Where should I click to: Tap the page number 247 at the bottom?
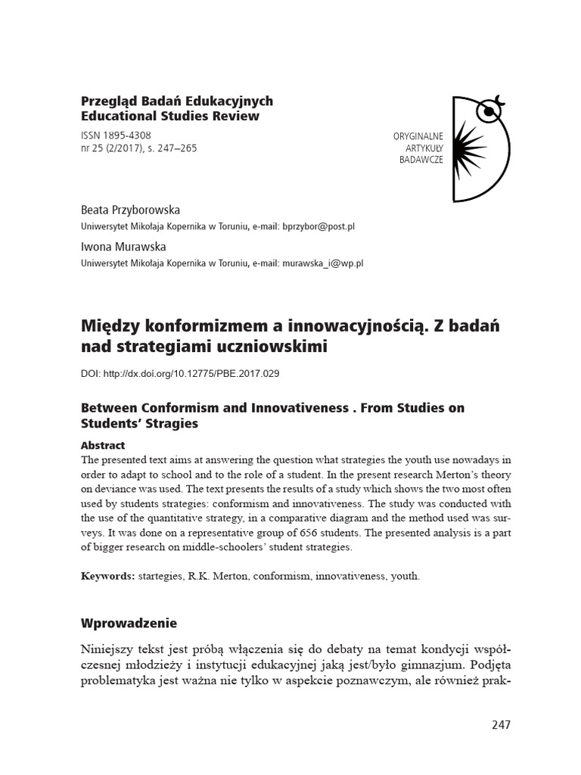(501, 724)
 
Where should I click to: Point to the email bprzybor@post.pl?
(318, 226)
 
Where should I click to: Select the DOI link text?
(181, 374)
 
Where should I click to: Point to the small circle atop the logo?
(489, 112)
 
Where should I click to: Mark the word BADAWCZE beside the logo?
(421, 161)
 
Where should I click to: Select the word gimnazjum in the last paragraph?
(428, 666)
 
